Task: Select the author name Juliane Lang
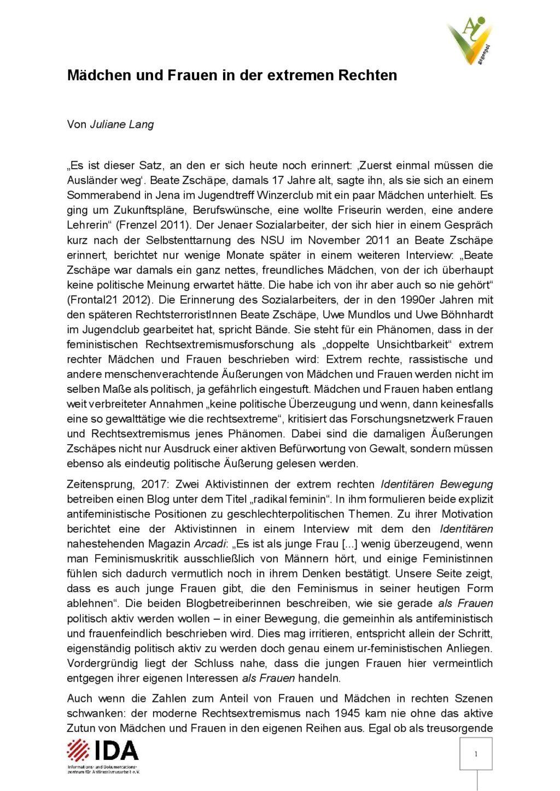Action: (x=121, y=124)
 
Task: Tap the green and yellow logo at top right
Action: (x=469, y=42)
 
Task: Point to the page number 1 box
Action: (x=476, y=754)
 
